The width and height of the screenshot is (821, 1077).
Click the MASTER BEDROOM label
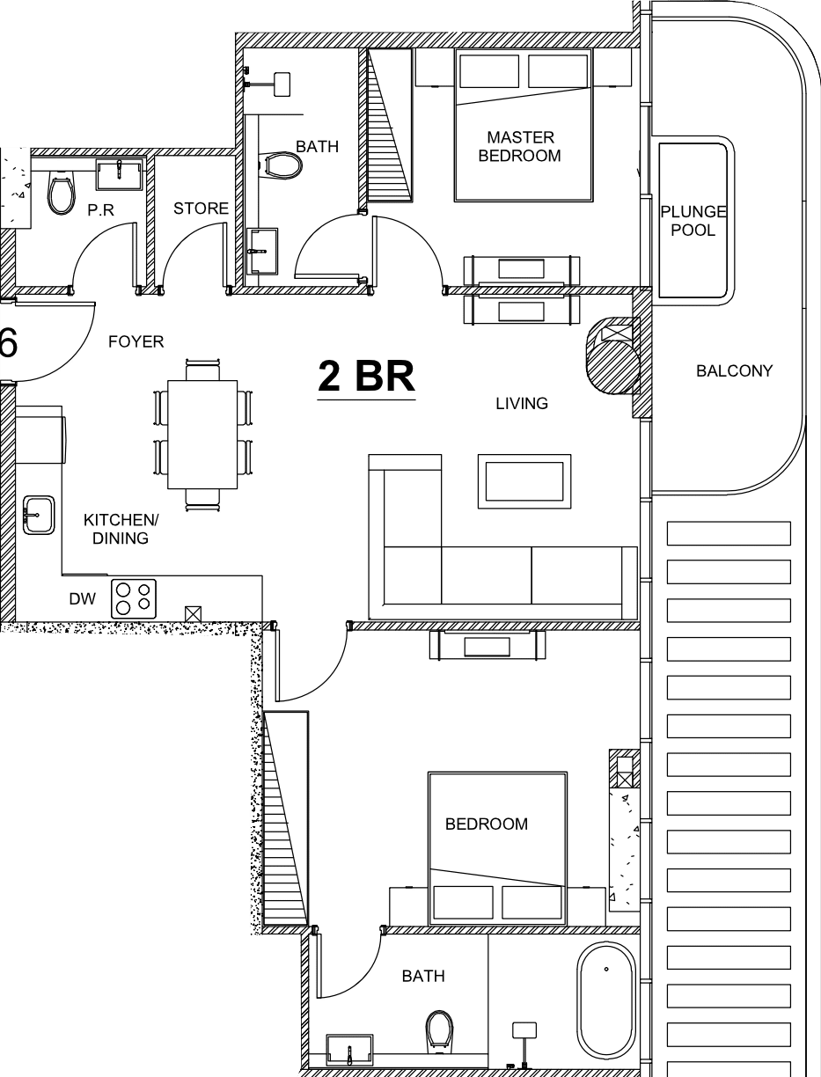(x=520, y=146)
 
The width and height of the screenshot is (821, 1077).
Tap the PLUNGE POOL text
(x=693, y=221)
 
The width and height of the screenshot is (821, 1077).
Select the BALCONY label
(x=734, y=371)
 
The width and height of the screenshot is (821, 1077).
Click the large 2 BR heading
(x=366, y=377)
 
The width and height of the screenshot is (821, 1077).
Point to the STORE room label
(x=201, y=209)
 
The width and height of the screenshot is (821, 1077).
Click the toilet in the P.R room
(x=62, y=193)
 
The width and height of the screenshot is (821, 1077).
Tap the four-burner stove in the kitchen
(x=134, y=598)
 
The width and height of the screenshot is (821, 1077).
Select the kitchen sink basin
(x=39, y=515)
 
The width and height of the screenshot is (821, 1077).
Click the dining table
(x=202, y=435)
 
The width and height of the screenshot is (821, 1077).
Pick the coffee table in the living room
(x=524, y=481)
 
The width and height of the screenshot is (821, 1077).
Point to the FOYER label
(x=136, y=341)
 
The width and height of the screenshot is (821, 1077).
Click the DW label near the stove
(x=83, y=598)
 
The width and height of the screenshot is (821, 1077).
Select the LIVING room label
(x=522, y=403)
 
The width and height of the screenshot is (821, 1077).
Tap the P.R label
(x=100, y=210)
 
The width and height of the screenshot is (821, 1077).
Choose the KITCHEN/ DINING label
(x=121, y=529)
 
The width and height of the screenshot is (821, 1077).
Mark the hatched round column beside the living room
(x=613, y=355)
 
